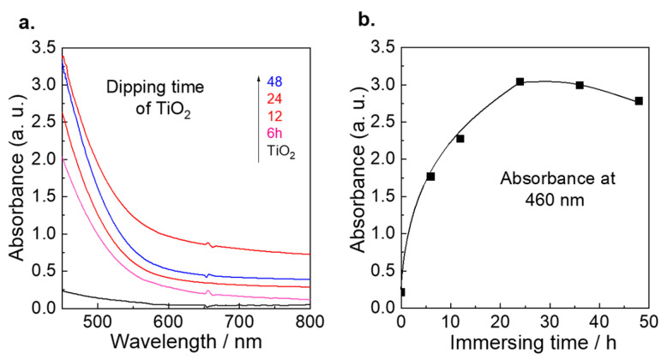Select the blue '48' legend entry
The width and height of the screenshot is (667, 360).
(274, 81)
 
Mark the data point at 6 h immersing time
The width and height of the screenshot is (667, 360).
(430, 177)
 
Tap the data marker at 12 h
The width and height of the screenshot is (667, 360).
(460, 139)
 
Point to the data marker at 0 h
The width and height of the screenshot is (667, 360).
(401, 291)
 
